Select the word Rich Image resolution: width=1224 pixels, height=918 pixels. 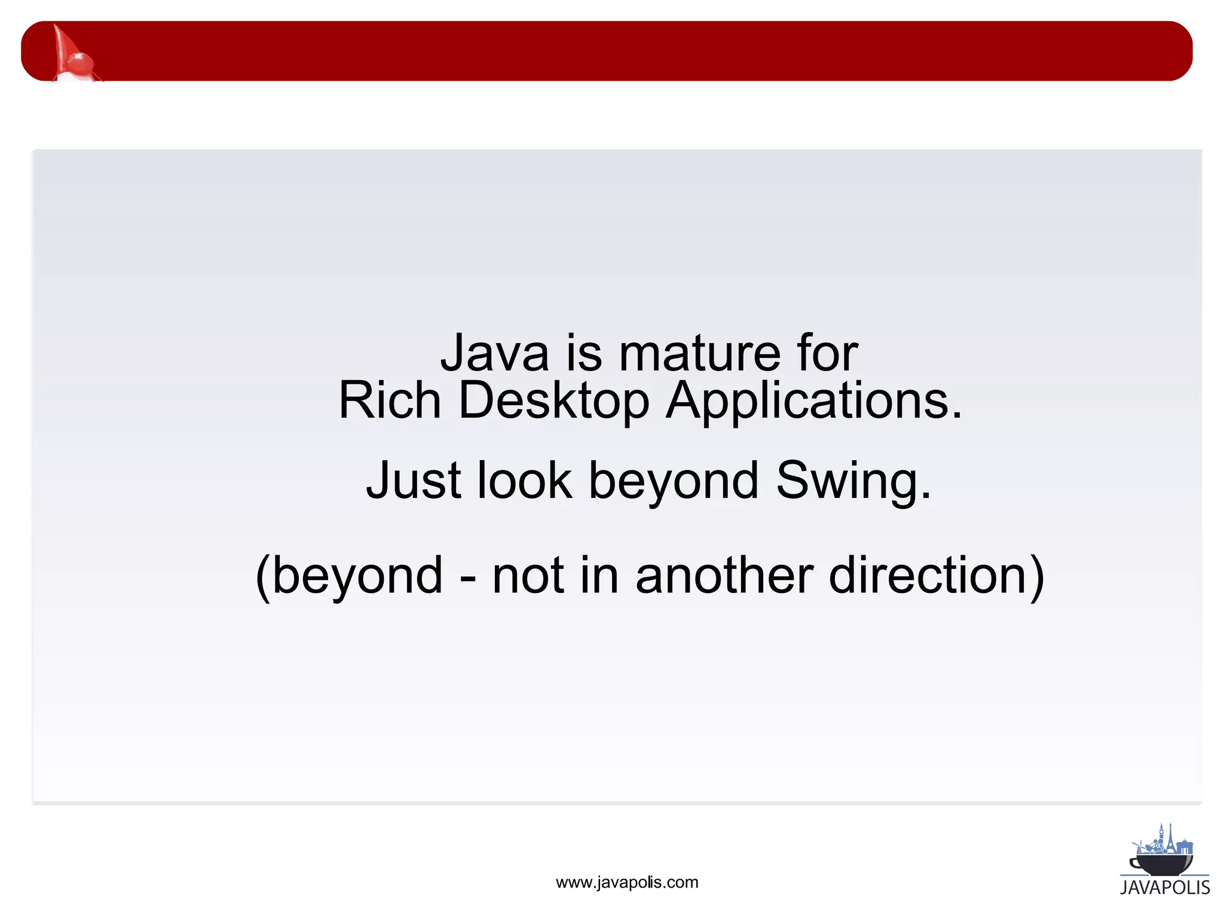click(x=389, y=400)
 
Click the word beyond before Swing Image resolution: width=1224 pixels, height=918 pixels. click(x=674, y=481)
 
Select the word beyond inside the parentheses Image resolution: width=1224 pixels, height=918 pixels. click(x=357, y=576)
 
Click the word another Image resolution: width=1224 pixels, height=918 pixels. click(x=724, y=576)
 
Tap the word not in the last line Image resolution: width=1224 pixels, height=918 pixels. click(x=528, y=576)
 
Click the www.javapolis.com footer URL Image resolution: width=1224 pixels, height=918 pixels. click(x=626, y=882)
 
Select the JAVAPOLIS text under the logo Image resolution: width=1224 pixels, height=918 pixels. click(x=1165, y=888)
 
